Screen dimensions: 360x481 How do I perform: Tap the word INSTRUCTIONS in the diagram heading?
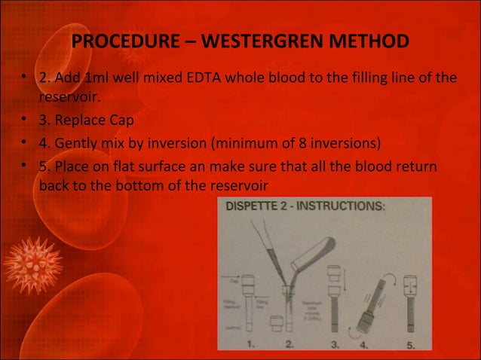coord(345,206)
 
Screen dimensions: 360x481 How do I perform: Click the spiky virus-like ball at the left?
coord(32,264)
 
